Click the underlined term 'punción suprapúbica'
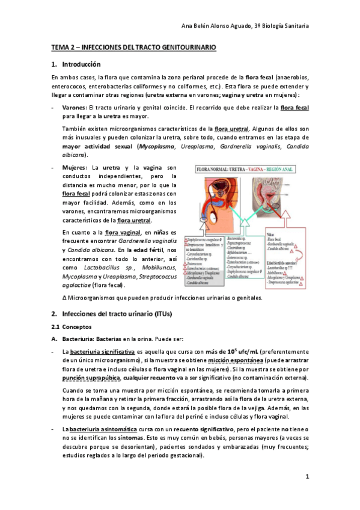pos(91,377)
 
